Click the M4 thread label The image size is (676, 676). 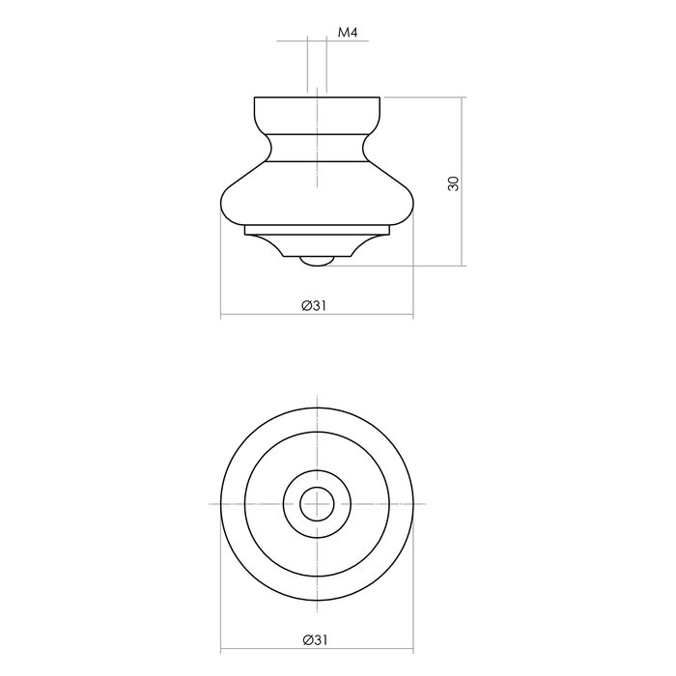pyautogui.click(x=348, y=33)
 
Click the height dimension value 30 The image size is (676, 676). pyautogui.click(x=453, y=183)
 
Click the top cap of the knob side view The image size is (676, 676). pyautogui.click(x=316, y=113)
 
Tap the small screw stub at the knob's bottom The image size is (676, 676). pyautogui.click(x=316, y=260)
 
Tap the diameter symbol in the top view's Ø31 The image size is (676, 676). pyautogui.click(x=305, y=640)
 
